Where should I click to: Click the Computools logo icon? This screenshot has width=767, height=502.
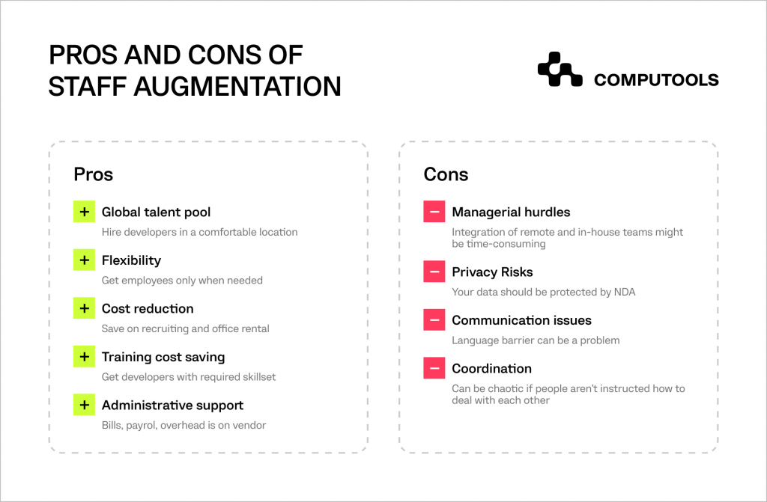point(560,70)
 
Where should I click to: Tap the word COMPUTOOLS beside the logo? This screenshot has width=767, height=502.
point(656,80)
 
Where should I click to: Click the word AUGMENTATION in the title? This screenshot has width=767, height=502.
point(237,87)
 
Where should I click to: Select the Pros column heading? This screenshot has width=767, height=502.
point(94,174)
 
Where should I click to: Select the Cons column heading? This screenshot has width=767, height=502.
point(446,174)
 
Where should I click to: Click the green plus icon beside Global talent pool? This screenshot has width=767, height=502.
point(84,212)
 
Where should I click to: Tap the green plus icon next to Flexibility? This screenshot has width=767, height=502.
point(84,260)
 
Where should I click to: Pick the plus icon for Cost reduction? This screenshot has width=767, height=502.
point(84,308)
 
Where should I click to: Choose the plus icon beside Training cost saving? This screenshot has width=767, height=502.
point(84,357)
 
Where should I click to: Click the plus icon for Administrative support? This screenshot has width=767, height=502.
point(84,405)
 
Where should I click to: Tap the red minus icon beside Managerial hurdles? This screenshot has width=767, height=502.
point(434,212)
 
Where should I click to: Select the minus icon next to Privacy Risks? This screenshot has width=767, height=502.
point(434,272)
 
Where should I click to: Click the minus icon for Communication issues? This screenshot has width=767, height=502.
point(434,320)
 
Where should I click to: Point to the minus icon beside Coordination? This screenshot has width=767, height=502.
point(434,369)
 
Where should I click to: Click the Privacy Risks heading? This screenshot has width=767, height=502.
point(493,272)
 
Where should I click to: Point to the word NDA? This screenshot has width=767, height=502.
point(625,293)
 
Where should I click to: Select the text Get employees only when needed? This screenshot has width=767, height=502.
point(183,281)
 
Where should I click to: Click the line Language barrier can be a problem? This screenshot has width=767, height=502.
point(536,340)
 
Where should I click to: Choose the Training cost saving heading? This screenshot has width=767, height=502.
point(163,358)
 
